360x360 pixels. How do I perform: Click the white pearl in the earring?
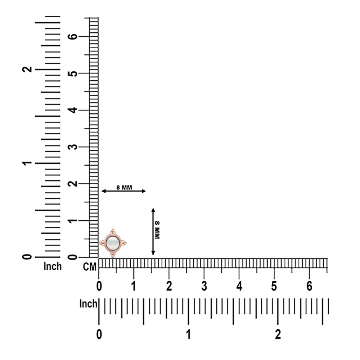pos(112,243)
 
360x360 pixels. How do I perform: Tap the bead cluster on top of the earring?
pos(112,231)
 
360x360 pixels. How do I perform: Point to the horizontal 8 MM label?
pos(124,188)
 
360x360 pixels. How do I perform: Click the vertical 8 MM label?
pos(157,230)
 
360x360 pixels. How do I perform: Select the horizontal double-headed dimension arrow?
pos(124,191)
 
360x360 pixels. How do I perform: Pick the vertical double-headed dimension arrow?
pos(153,231)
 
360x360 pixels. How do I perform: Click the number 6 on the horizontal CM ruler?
pos(309,286)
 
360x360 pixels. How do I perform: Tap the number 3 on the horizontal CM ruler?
pos(204,286)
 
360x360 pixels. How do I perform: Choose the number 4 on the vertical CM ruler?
pos(73,110)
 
